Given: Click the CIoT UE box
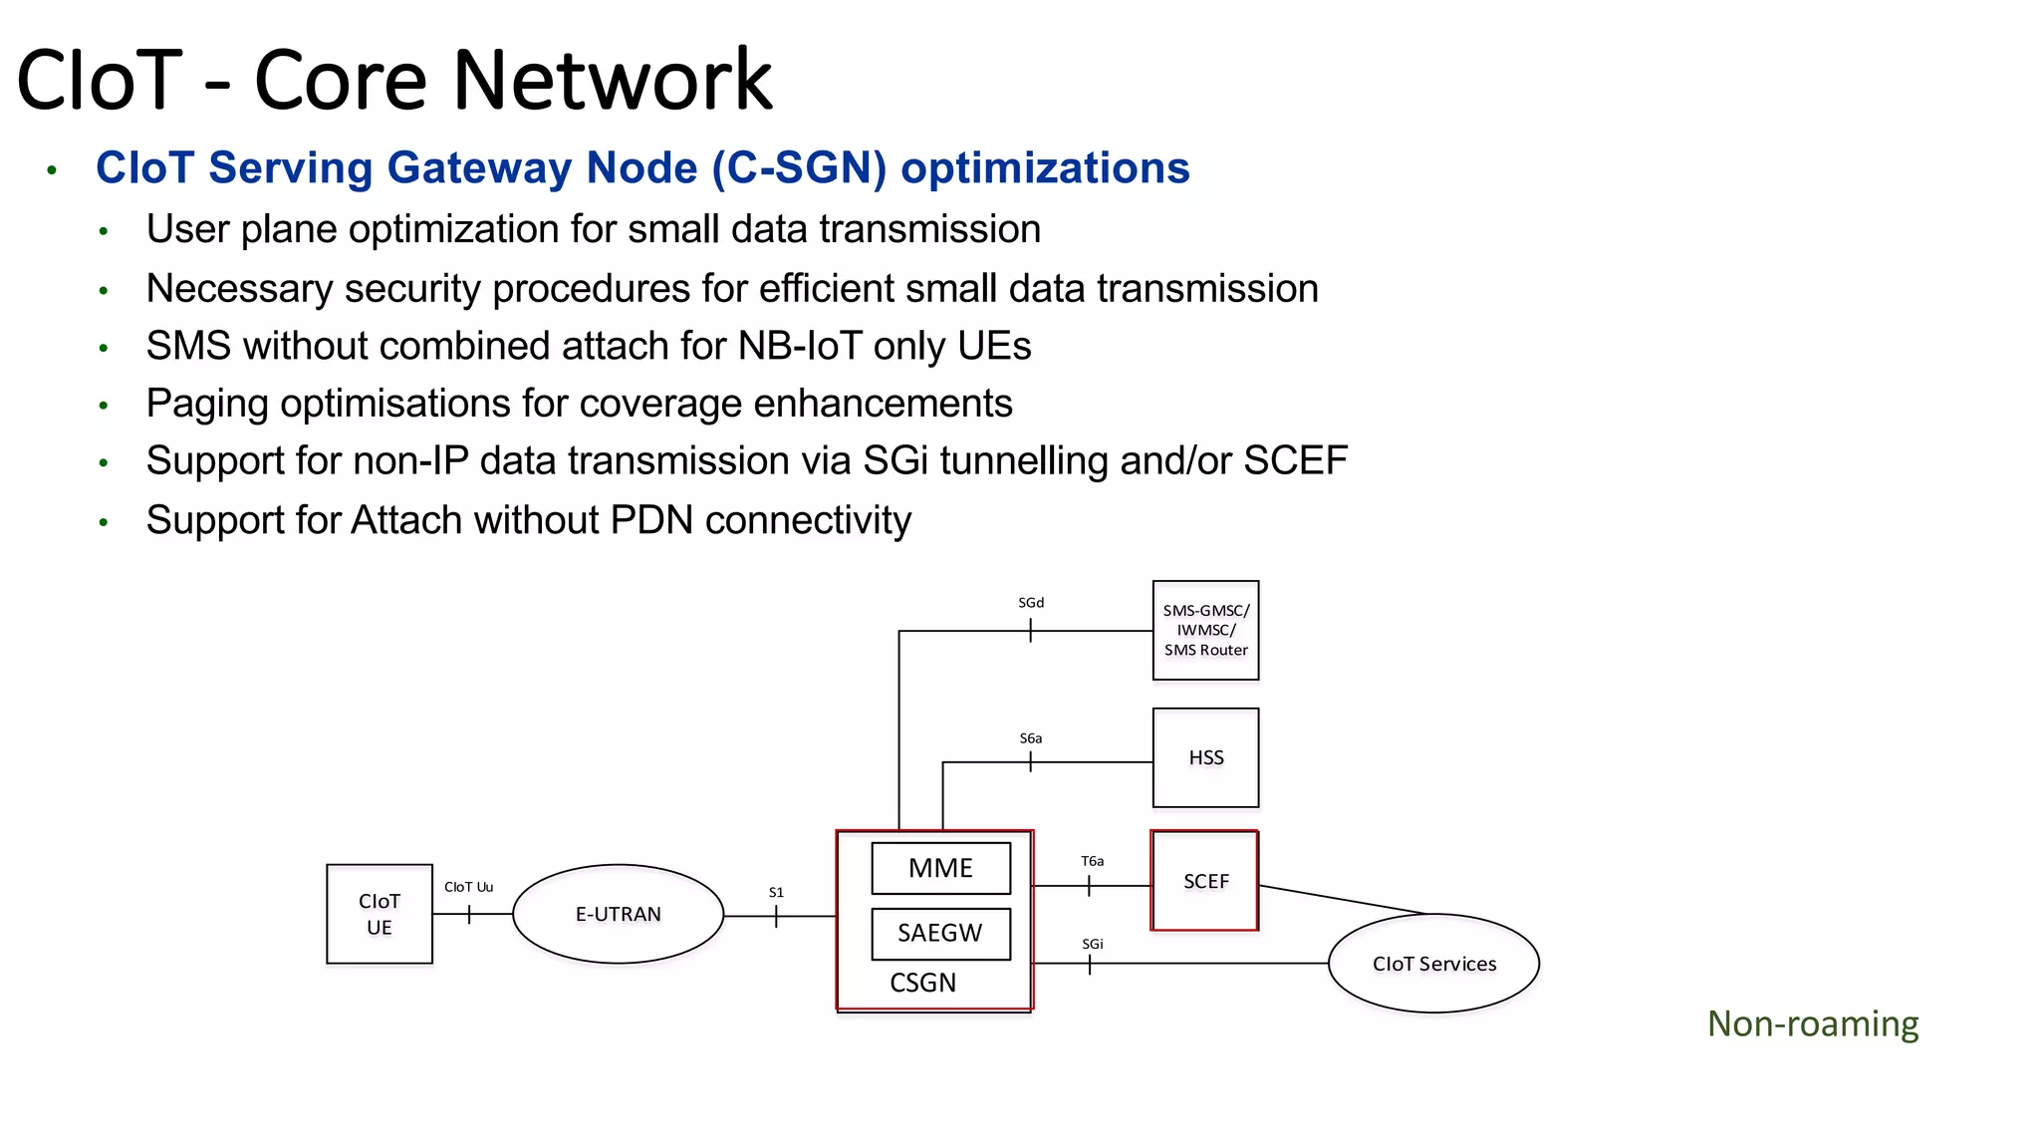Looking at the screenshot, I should [380, 914].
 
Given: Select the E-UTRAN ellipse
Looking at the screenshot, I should [618, 914].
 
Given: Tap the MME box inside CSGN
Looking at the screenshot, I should [940, 868].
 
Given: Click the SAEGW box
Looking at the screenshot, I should [940, 934].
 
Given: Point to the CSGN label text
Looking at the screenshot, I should [922, 984].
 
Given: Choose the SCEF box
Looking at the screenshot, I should [1205, 881].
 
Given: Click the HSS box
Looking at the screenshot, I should [1205, 757].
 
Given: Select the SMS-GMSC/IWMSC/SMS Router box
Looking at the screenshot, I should [1205, 630].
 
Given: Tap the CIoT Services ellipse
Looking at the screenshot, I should [1433, 964].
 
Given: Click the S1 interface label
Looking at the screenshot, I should [776, 893].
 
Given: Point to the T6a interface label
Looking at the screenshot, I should [1093, 861].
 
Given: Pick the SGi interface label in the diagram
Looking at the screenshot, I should [1093, 944].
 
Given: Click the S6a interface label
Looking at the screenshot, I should [1031, 738].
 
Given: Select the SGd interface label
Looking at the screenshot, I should [1031, 603].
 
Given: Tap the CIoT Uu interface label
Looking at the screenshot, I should [468, 887].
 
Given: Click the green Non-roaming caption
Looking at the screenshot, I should [1813, 1024].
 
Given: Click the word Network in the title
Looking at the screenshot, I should [613, 80].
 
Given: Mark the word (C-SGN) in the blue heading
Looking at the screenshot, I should [799, 167].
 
